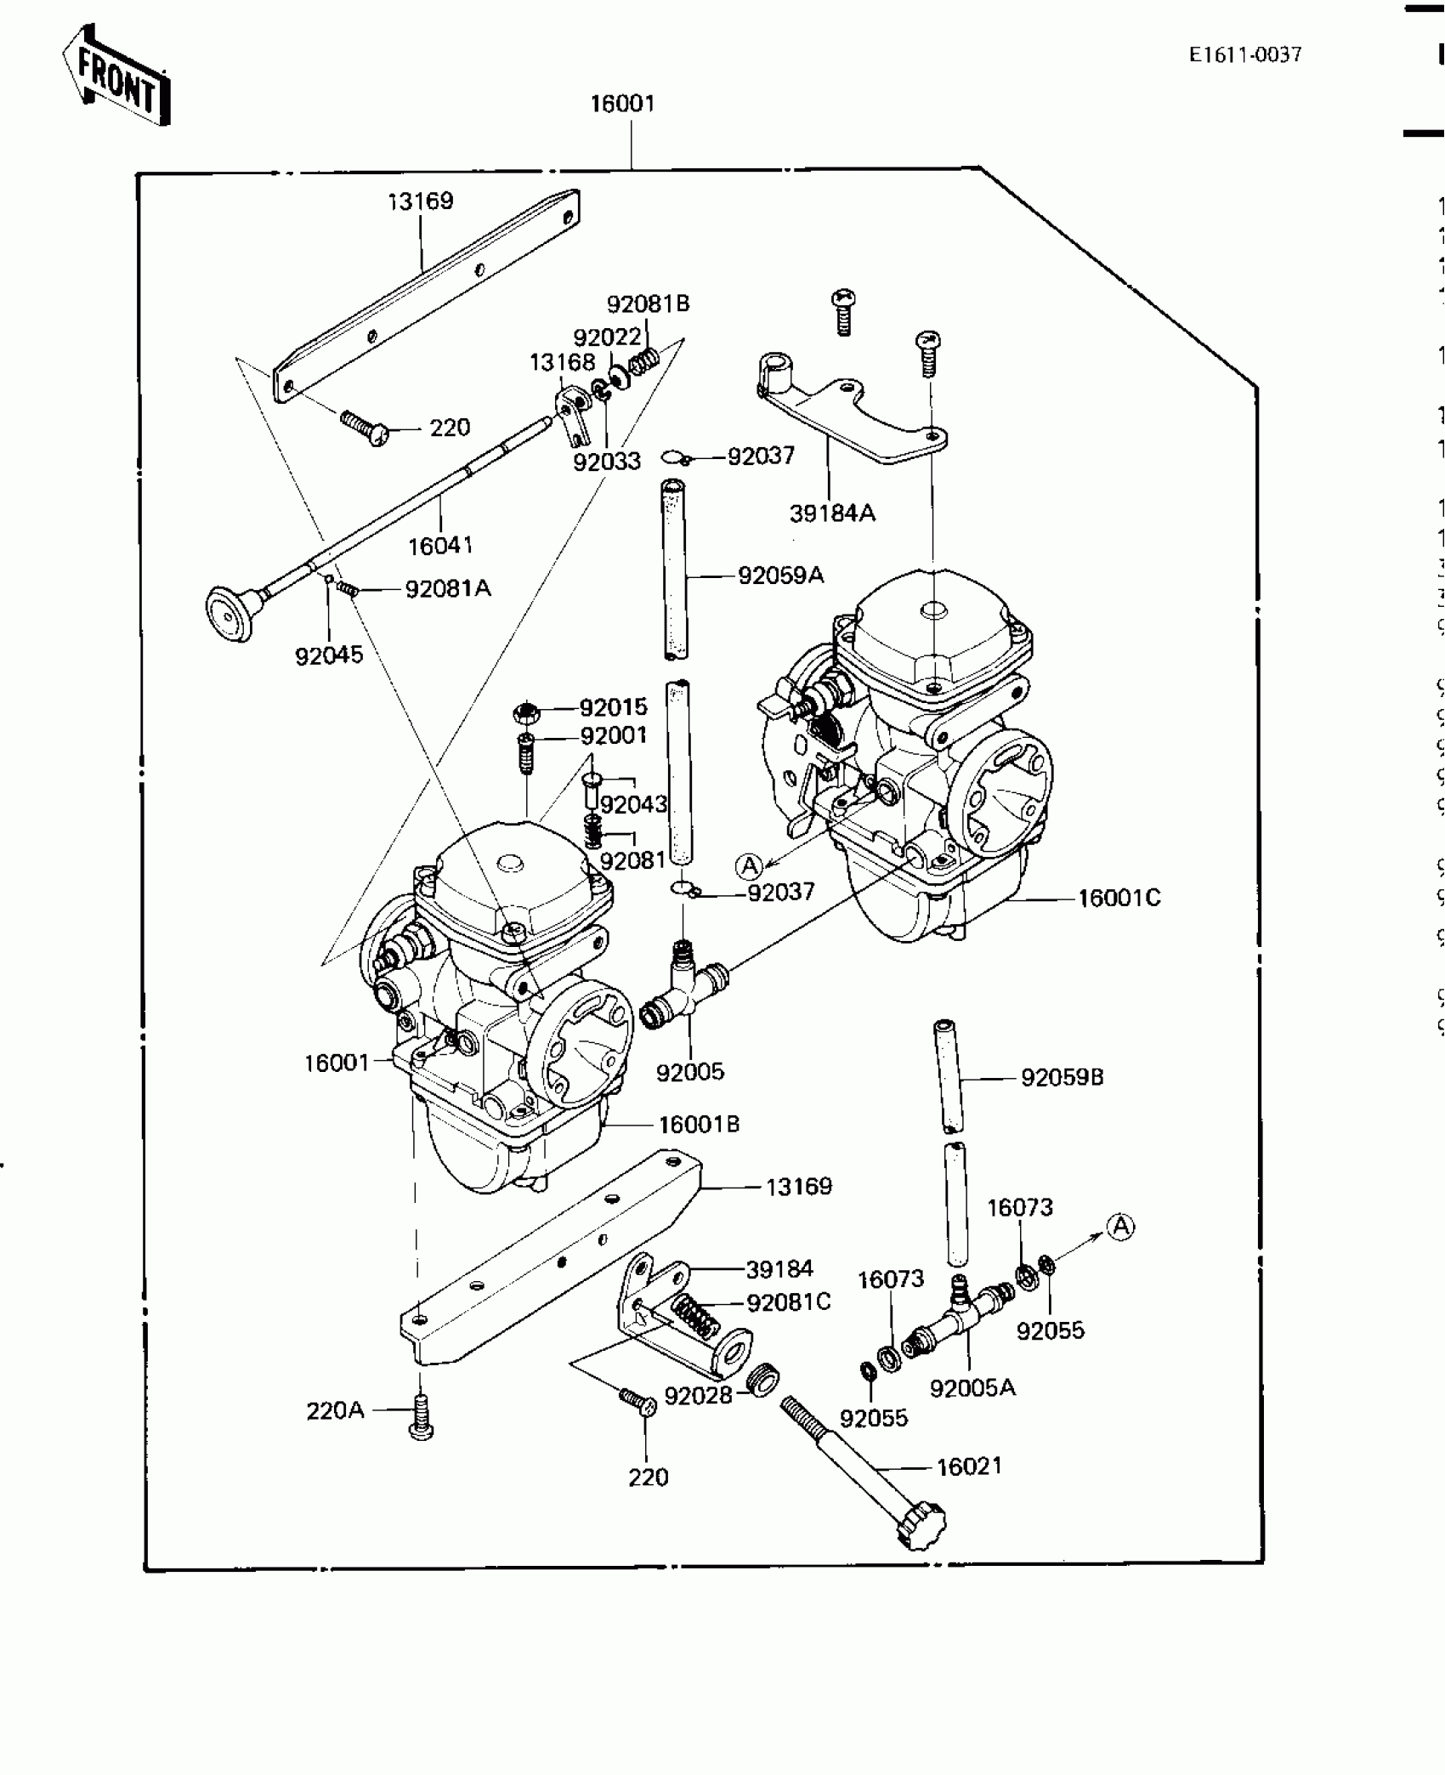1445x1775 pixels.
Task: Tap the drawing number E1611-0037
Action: [x=1244, y=54]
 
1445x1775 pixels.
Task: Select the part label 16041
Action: [x=440, y=546]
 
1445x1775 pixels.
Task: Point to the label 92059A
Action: [x=780, y=576]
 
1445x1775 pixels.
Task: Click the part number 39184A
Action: [x=831, y=513]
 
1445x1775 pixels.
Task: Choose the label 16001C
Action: [x=1119, y=898]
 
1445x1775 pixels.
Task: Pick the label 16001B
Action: [x=699, y=1124]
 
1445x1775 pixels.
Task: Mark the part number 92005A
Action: [x=972, y=1387]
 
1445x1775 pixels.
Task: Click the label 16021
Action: [x=969, y=1466]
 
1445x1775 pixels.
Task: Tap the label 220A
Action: [x=335, y=1411]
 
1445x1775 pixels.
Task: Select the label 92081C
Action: [x=788, y=1302]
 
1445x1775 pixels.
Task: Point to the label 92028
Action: [x=698, y=1396]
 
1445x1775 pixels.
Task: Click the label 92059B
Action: [x=1062, y=1078]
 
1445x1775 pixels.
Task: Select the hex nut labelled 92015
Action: [x=526, y=711]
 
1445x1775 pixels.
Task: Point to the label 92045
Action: [x=329, y=655]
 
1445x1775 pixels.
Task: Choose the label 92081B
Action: [x=648, y=303]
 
